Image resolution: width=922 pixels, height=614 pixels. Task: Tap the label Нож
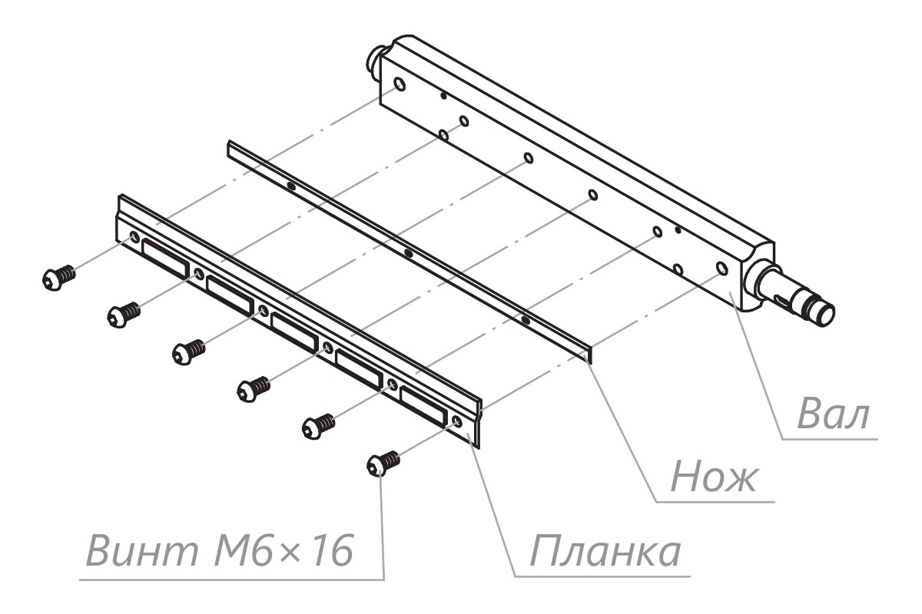pos(713,478)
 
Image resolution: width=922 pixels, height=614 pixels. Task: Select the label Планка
pos(605,552)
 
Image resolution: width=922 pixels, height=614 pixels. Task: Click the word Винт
pos(142,550)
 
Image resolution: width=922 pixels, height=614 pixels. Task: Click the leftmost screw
pos(59,278)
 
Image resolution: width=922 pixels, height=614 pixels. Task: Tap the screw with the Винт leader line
pos(383,464)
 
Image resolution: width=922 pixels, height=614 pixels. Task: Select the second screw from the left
pos(124,315)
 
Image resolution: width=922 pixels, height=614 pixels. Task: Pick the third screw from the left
pos(188,352)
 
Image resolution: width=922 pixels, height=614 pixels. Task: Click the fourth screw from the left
pos(254,389)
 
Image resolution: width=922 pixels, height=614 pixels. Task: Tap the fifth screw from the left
pos(318,427)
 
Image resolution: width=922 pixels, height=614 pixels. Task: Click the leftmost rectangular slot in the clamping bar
pos(166,259)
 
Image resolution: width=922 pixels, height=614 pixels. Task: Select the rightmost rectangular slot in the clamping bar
pos(423,406)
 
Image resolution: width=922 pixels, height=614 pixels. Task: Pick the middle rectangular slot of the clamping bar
pos(295,332)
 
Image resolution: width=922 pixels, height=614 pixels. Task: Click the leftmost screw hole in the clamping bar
pos(134,236)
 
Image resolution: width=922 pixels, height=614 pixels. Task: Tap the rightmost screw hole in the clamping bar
pos(456,421)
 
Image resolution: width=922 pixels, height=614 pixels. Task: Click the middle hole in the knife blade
pos(408,253)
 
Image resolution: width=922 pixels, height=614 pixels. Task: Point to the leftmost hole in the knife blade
pos(291,187)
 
